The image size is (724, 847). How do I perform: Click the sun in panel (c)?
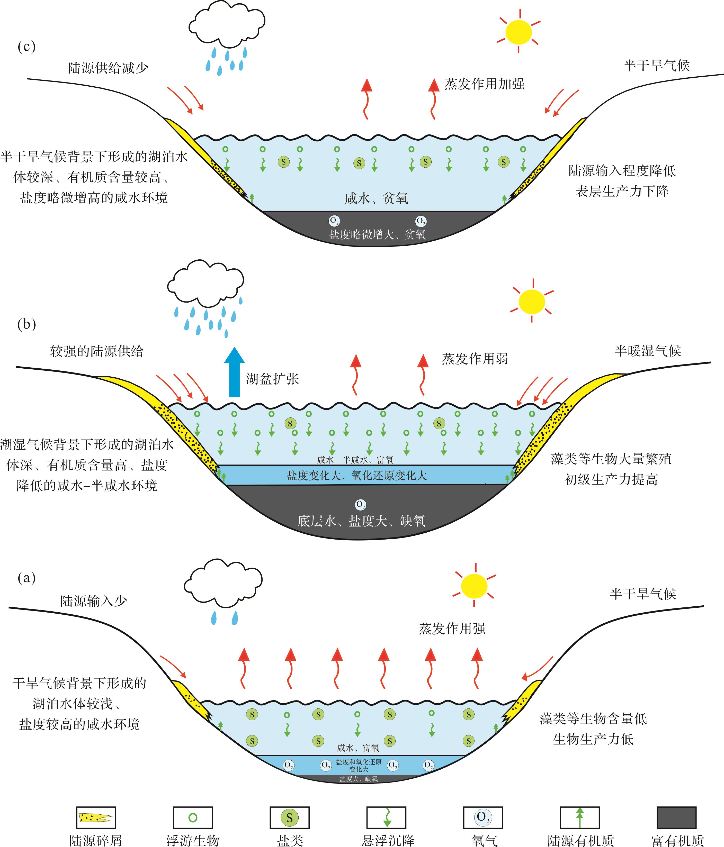519,32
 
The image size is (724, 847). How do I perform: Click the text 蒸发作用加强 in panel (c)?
484,84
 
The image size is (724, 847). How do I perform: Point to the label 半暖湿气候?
648,351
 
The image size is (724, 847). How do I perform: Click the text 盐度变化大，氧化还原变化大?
357,475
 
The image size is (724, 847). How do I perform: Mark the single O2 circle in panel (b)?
360,505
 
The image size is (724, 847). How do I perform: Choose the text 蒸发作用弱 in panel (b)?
475,359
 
